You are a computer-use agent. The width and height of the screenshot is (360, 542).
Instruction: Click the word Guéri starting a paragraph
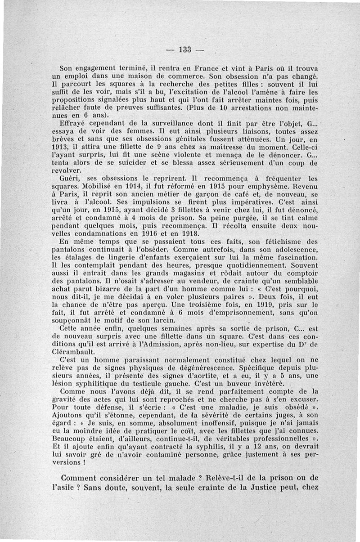[x=70, y=178]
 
